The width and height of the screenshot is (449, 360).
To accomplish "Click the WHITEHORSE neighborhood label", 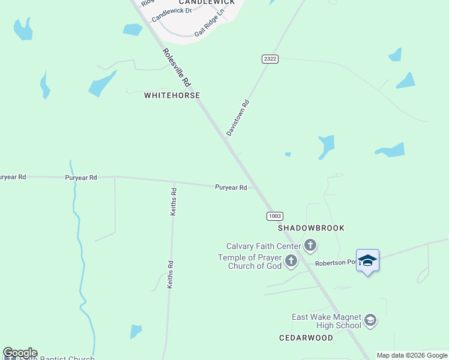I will click(x=172, y=95).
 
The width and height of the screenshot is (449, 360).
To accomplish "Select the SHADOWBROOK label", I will click(x=311, y=228).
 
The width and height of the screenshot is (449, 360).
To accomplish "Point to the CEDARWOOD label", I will click(x=306, y=338).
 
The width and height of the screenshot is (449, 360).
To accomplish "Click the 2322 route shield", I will click(x=270, y=58).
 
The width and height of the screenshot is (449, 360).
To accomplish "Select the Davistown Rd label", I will click(x=238, y=117).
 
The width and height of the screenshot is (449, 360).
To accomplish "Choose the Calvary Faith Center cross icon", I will click(x=310, y=245).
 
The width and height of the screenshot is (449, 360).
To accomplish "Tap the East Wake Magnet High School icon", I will click(x=370, y=320).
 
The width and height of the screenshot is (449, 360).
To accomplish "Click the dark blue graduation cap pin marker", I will click(x=367, y=261).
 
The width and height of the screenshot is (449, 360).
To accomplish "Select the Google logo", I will click(x=20, y=353).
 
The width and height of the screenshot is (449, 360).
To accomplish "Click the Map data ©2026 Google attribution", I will click(x=412, y=355).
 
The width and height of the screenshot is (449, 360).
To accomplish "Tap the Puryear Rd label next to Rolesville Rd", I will click(x=231, y=188).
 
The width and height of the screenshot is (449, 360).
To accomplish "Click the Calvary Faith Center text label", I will click(x=264, y=246).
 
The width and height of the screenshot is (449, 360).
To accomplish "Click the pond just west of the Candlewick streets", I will click(x=132, y=29).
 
